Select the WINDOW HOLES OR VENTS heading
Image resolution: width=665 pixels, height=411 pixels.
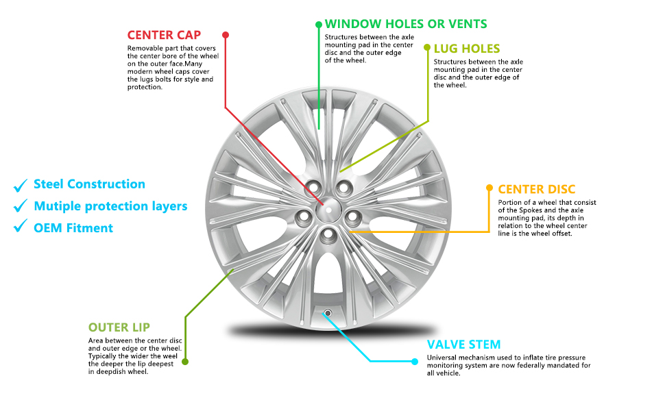click(406, 24)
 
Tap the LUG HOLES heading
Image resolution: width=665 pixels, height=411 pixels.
click(467, 49)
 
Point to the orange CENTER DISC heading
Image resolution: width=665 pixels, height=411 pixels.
click(537, 189)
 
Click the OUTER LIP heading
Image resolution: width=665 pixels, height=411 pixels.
click(119, 327)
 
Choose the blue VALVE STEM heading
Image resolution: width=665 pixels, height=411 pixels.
click(463, 345)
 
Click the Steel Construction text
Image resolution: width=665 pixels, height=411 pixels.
click(89, 184)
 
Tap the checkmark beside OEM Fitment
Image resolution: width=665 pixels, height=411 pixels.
click(21, 227)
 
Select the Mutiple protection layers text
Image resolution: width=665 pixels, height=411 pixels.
click(110, 206)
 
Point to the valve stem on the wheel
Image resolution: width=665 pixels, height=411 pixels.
click(328, 313)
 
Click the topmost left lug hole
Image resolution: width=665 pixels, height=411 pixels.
click(314, 187)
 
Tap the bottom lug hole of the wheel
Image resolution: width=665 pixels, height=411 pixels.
click(328, 234)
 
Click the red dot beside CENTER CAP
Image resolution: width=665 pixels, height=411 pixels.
click(226, 34)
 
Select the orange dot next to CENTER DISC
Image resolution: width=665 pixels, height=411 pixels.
click(489, 188)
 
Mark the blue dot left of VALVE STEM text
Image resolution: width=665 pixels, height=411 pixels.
click(414, 361)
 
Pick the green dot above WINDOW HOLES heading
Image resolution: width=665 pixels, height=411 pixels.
click(319, 24)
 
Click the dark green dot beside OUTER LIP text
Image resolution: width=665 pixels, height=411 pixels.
click(185, 362)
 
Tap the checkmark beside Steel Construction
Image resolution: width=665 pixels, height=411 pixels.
click(21, 184)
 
